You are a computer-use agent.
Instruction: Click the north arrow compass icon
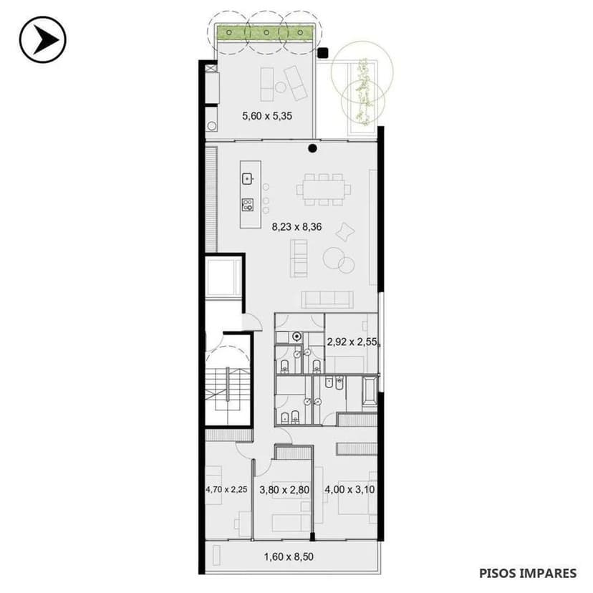click(x=42, y=39)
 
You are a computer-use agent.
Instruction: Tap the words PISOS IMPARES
click(x=528, y=573)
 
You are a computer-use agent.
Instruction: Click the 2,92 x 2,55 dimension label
click(x=352, y=342)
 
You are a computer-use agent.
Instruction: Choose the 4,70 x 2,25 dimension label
click(x=226, y=491)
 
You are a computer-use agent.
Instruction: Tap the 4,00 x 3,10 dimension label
click(x=350, y=491)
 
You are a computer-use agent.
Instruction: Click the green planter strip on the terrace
click(x=265, y=32)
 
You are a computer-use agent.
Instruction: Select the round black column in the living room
click(x=312, y=149)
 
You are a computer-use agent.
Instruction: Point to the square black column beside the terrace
click(x=323, y=52)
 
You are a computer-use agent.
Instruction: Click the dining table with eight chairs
click(x=324, y=190)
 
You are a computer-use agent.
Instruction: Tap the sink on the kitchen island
click(x=248, y=178)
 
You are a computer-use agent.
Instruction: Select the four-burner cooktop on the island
click(x=248, y=204)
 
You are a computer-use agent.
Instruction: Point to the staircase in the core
click(x=228, y=390)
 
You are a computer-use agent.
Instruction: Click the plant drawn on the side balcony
click(x=364, y=90)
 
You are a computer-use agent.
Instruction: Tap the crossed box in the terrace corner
click(x=211, y=69)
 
